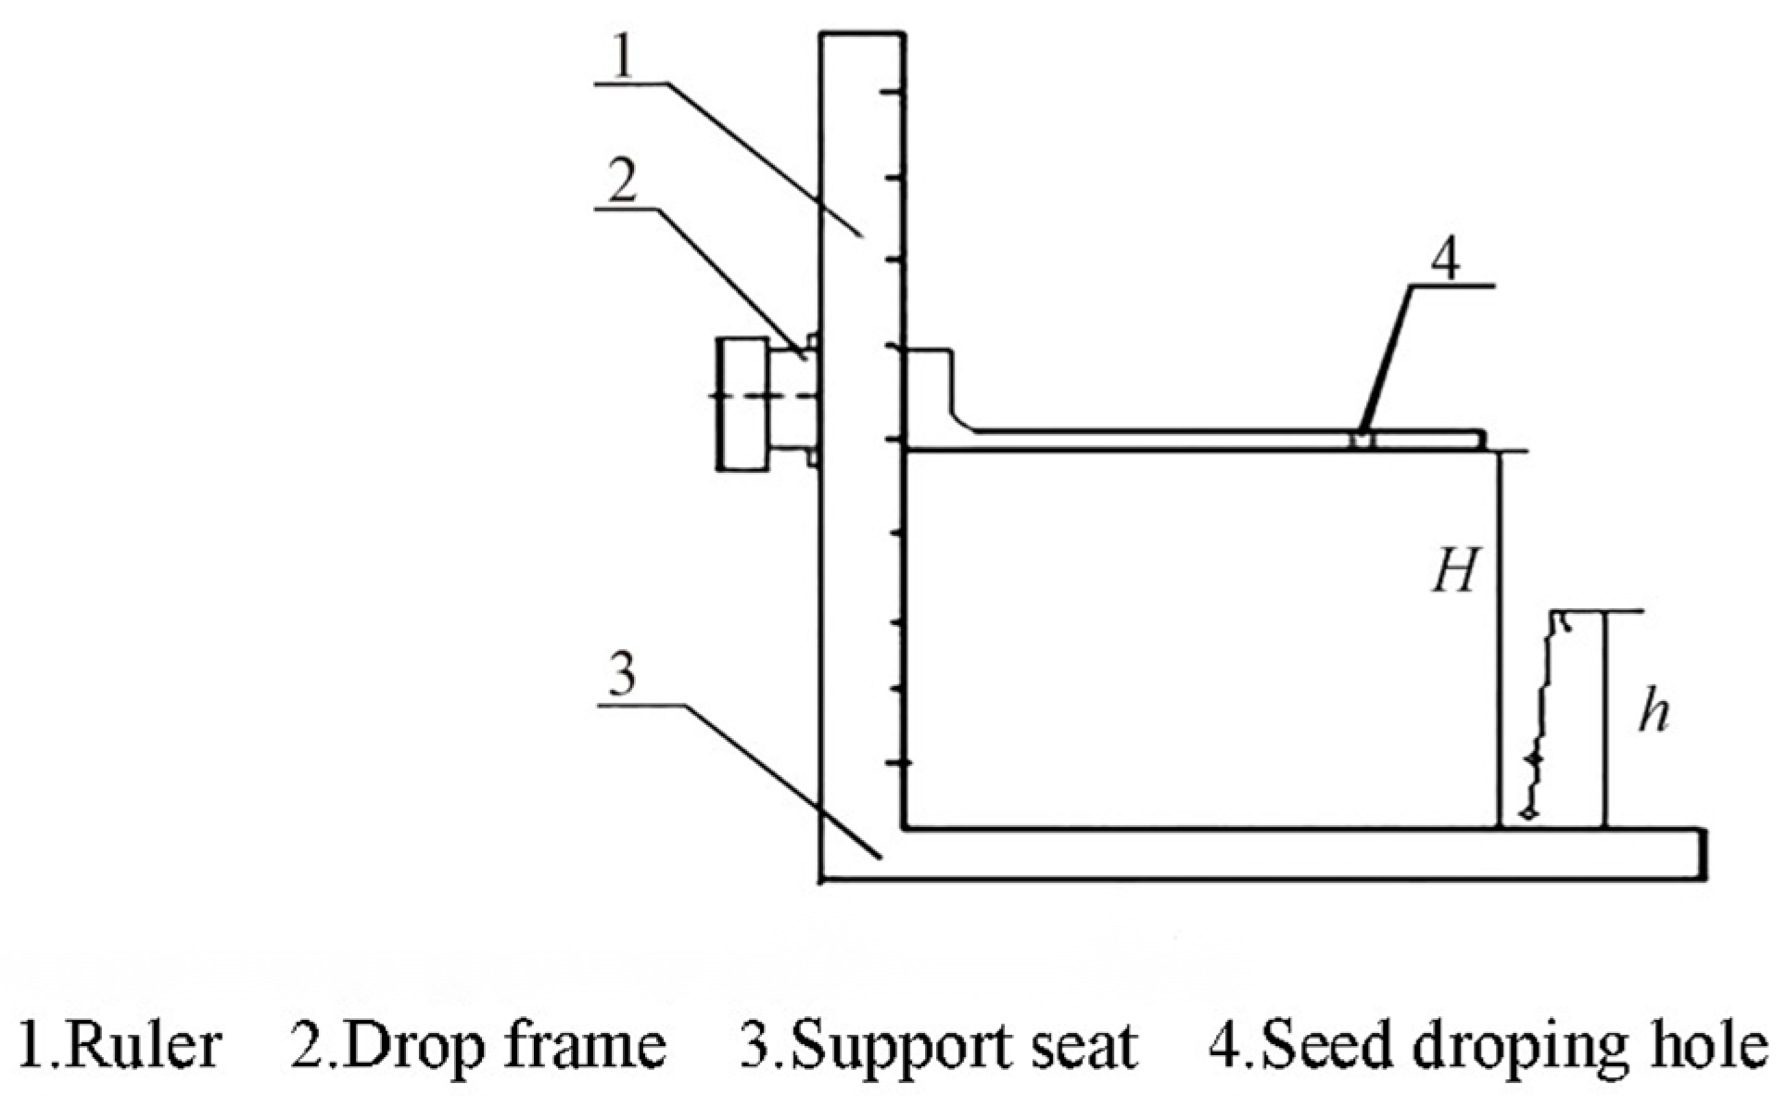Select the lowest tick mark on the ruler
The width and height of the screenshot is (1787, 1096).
point(895,762)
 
